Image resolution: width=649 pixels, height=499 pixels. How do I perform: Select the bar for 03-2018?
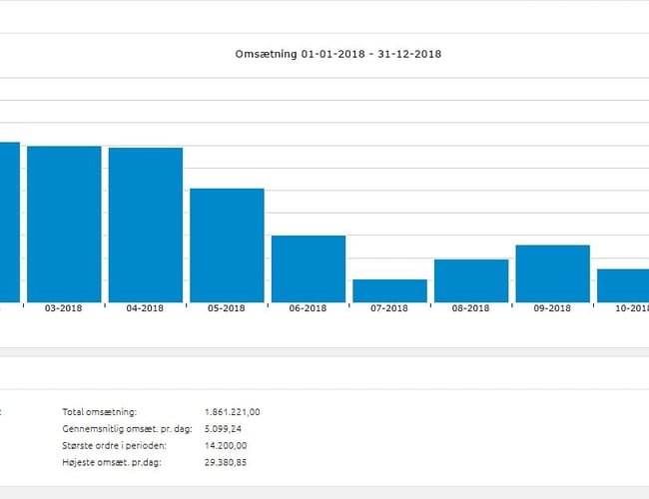pos(64,224)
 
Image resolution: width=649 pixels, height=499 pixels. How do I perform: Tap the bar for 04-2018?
pos(146,225)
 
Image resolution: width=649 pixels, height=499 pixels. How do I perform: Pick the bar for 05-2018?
pos(227,245)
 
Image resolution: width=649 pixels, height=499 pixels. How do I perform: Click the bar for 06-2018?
pos(309,268)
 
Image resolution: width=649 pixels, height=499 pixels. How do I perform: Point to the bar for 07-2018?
pos(389,290)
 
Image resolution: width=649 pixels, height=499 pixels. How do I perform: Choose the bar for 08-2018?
pos(471,280)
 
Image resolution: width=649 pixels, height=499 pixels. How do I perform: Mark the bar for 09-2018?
pos(552,273)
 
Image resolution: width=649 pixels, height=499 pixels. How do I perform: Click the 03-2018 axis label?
pos(64,308)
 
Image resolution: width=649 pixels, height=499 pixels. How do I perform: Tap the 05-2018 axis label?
pos(227,308)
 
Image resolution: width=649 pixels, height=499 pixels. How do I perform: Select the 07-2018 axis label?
pos(389,308)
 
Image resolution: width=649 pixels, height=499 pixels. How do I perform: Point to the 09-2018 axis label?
pos(552,308)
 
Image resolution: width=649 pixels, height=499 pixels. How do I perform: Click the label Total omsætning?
pos(99,411)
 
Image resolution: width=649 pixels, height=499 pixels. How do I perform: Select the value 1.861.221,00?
pos(232,411)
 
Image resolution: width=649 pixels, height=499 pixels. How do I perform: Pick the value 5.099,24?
pos(224,428)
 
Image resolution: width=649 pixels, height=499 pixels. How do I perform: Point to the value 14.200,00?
pos(226,445)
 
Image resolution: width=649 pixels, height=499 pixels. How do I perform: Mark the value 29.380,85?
pos(226,463)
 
